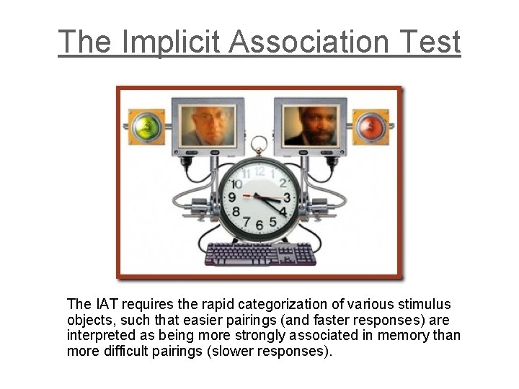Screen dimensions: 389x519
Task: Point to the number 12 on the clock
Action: (x=259, y=171)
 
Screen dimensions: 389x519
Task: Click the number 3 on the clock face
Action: (x=286, y=197)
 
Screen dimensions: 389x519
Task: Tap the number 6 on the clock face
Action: (x=259, y=225)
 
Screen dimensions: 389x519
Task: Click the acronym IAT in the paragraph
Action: (x=100, y=304)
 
